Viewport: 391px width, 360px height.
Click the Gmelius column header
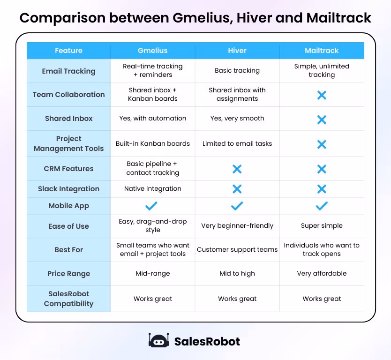[x=153, y=51]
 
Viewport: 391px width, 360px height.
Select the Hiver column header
[x=237, y=51]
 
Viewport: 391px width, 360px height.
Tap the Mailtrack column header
[x=322, y=51]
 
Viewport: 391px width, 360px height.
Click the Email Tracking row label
[x=68, y=71]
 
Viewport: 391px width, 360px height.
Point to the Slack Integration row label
[x=68, y=189]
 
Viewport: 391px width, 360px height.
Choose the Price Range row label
[x=68, y=274]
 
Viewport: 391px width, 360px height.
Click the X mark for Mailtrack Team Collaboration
[x=322, y=95]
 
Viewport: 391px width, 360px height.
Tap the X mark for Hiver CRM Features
[x=237, y=169]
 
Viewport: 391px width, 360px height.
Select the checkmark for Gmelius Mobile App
[x=151, y=206]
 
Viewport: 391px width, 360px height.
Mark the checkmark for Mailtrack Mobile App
[x=322, y=206]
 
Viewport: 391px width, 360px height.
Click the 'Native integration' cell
[x=153, y=189]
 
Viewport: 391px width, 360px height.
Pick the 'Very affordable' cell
[x=322, y=274]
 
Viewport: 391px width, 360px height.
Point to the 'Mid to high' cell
[x=237, y=274]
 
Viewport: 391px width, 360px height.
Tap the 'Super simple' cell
[x=322, y=226]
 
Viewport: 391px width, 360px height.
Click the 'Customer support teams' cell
[x=237, y=250]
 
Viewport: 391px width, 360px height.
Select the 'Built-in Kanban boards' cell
[x=153, y=143]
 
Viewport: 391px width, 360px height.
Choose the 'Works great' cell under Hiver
[x=237, y=299]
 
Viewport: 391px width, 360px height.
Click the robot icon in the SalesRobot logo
[x=158, y=341]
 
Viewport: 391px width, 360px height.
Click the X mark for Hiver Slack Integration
[x=237, y=189]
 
